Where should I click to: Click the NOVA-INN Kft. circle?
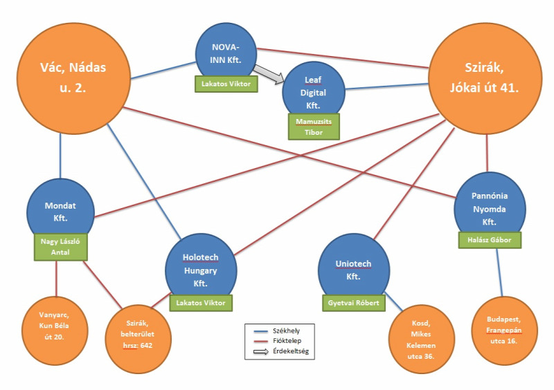226,53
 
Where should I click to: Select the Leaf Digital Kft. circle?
314,92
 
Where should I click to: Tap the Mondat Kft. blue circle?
60,212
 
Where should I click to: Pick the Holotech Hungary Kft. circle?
201,270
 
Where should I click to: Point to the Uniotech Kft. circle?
354,270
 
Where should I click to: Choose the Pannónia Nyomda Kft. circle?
490,208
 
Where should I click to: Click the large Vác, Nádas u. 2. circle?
73,78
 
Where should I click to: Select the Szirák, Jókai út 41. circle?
485,78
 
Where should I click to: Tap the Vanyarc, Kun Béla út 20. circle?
55,331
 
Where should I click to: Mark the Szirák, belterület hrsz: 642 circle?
138,339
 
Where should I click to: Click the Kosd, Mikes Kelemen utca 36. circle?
422,339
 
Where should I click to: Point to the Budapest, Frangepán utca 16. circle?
505,331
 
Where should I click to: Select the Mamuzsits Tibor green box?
314,127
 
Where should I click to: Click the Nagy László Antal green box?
60,247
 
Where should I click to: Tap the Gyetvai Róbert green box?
354,303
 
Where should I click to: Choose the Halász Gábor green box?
490,240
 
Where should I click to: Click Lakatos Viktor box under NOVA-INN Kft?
226,84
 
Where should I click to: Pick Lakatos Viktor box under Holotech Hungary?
201,303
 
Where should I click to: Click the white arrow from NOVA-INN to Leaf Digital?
269,74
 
